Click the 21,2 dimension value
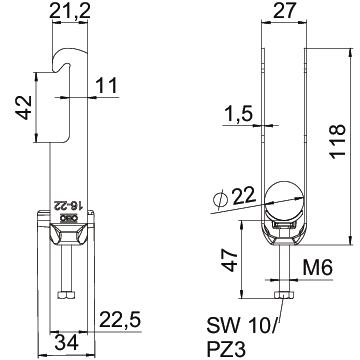point(70,11)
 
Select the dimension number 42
point(24,107)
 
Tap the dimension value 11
point(107,85)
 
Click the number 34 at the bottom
point(66,343)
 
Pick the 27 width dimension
point(284,11)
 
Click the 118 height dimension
point(337,141)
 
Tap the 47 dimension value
point(230,261)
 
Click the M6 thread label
point(318,268)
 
